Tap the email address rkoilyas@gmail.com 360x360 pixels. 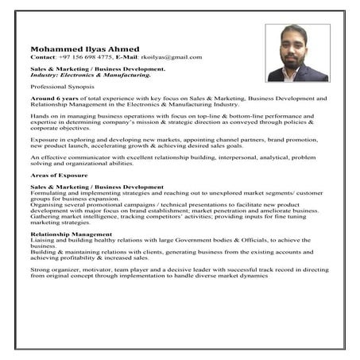pos(170,57)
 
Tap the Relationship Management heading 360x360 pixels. pos(72,234)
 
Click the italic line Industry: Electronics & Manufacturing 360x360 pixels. pos(90,75)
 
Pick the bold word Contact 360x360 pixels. pos(42,57)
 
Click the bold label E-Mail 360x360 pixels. pos(126,57)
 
